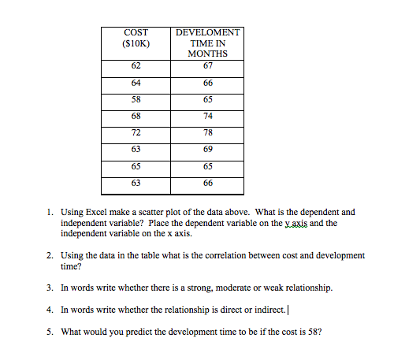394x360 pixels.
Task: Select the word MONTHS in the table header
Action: [x=208, y=54]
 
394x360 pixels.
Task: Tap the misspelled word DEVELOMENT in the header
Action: [x=208, y=32]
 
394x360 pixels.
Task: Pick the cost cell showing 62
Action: [x=136, y=66]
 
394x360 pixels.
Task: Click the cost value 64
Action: [x=136, y=83]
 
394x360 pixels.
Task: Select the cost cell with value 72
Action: [x=136, y=132]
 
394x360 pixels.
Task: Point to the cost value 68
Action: [x=136, y=116]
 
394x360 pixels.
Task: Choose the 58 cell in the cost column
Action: [x=136, y=99]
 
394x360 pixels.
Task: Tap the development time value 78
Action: [x=208, y=132]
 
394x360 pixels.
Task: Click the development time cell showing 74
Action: [x=208, y=116]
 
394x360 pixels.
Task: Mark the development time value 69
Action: [x=208, y=149]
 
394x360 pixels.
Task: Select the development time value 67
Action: [x=208, y=66]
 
